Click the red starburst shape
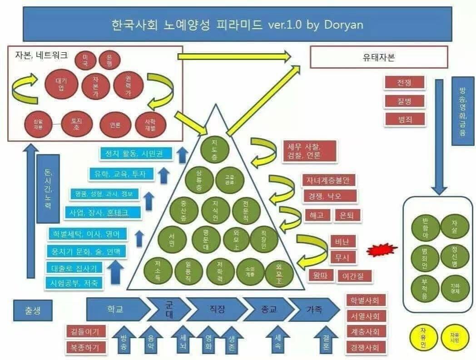pyautogui.click(x=382, y=250)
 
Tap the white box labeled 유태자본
pyautogui.click(x=378, y=57)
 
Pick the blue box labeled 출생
pyautogui.click(x=33, y=310)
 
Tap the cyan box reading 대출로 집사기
pyautogui.click(x=74, y=267)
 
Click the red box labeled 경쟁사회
pyautogui.click(x=366, y=348)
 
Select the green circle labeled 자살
pyautogui.click(x=454, y=226)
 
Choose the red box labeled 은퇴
pyautogui.click(x=347, y=215)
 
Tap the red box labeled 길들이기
pyautogui.click(x=85, y=331)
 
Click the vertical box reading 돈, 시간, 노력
pyautogui.click(x=48, y=189)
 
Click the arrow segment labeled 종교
pyautogui.click(x=266, y=310)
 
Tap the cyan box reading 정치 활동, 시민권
pyautogui.click(x=136, y=153)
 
